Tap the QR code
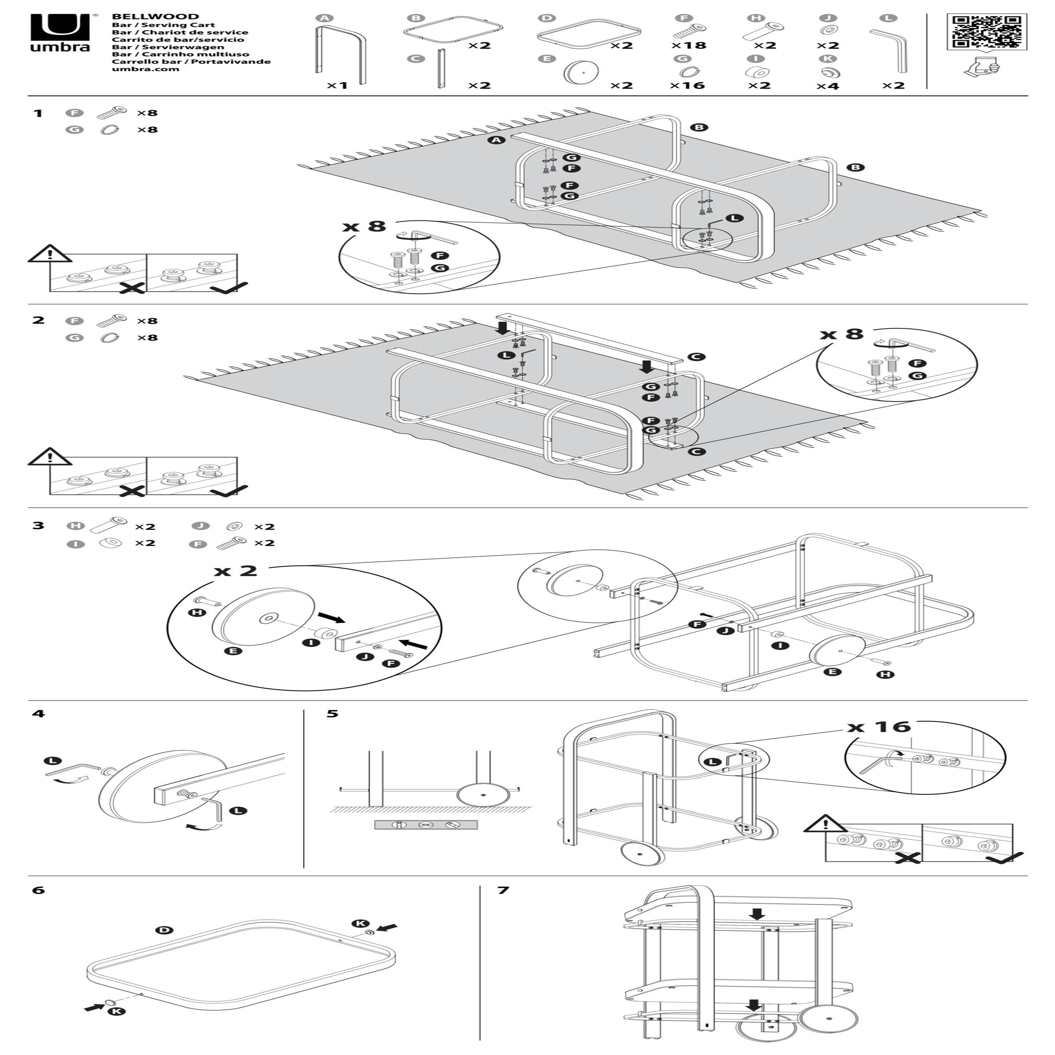987,32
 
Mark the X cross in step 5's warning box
908,858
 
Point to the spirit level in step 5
426,825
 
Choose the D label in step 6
163,930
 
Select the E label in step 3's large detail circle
234,651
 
